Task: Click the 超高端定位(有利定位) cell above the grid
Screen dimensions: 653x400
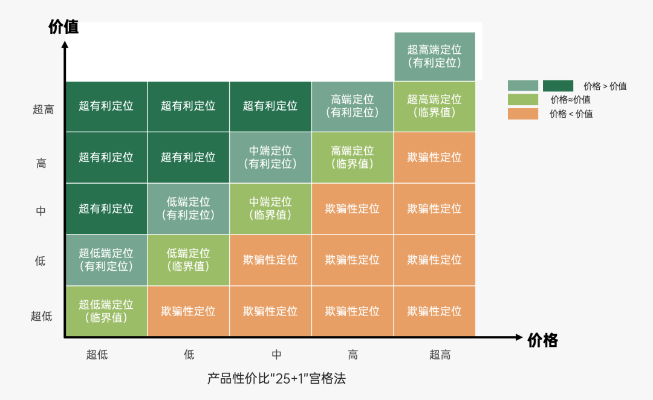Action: click(435, 56)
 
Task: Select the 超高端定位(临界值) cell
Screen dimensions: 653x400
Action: click(435, 106)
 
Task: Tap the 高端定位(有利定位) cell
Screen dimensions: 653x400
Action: click(352, 106)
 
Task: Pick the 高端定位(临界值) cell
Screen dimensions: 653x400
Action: click(352, 158)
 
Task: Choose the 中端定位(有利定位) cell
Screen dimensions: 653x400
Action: click(270, 158)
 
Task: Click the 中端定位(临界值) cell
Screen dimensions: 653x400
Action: click(270, 209)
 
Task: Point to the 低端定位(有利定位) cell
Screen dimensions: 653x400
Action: click(188, 209)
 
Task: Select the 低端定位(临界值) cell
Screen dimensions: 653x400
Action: click(188, 260)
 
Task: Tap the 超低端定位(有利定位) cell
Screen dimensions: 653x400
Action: click(106, 260)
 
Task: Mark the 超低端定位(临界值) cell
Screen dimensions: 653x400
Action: click(106, 311)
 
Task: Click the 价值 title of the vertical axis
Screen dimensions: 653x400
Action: click(63, 27)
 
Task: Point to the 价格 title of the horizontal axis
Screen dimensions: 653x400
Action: click(542, 340)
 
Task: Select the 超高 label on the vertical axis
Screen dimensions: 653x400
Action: click(44, 110)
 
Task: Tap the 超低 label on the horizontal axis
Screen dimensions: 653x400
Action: click(97, 355)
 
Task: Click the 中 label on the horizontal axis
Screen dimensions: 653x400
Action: click(276, 355)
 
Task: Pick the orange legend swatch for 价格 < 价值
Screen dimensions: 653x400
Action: click(522, 114)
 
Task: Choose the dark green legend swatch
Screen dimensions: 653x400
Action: click(558, 86)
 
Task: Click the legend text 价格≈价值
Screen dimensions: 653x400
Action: click(570, 100)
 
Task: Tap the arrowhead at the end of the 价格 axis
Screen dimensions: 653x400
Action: click(519, 337)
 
